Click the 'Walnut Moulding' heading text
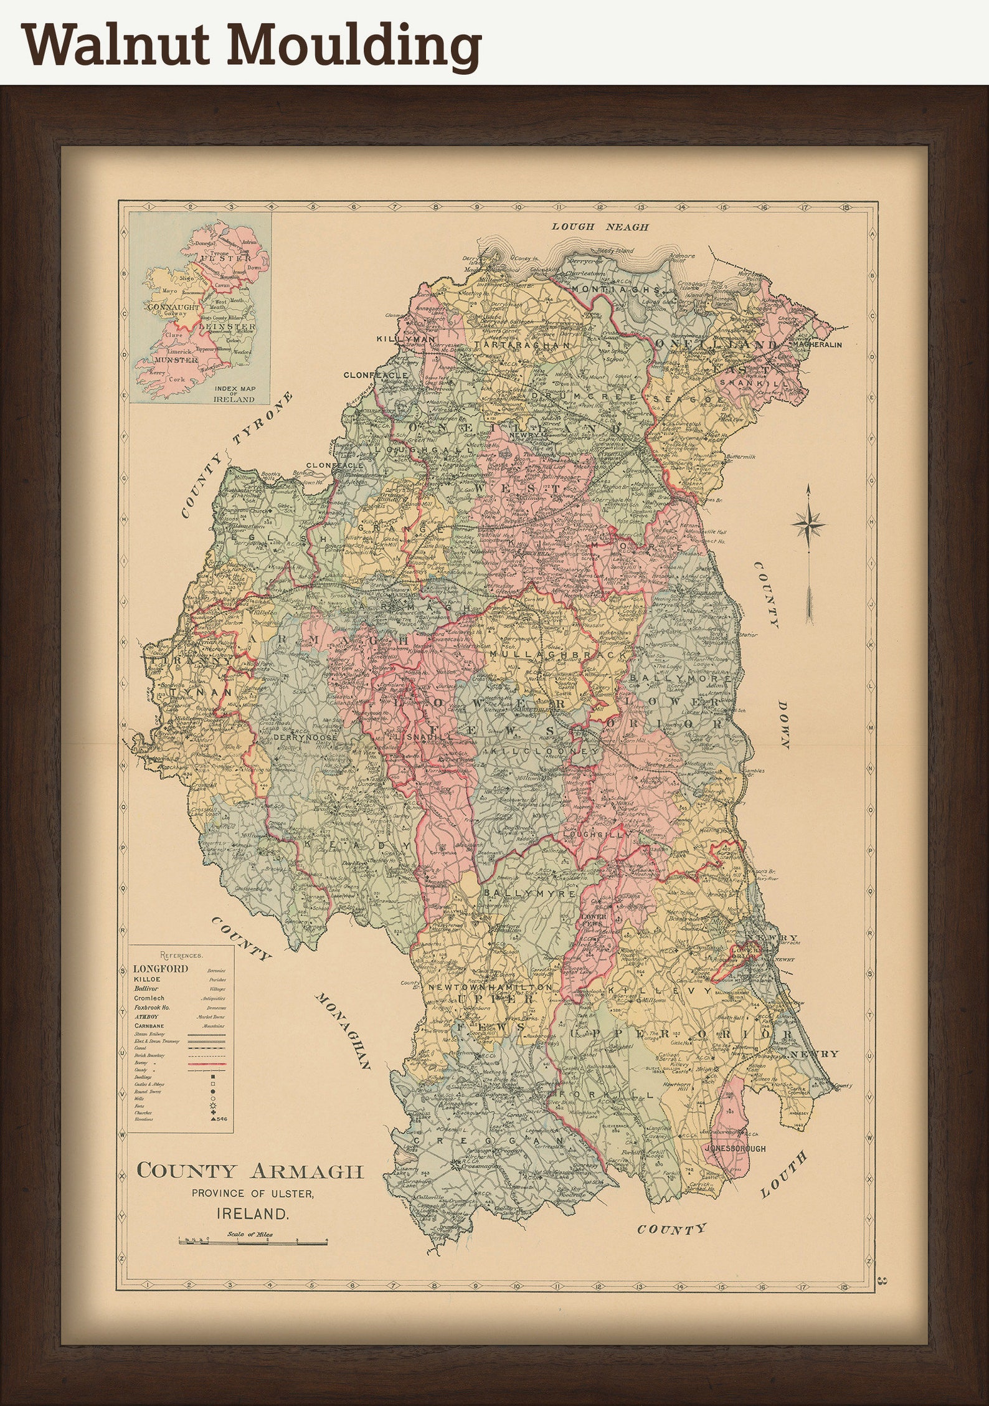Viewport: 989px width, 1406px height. pos(252,45)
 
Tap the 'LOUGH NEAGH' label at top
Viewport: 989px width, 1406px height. pos(599,227)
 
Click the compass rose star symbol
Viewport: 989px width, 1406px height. pos(808,523)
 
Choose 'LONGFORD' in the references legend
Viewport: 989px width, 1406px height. pos(160,969)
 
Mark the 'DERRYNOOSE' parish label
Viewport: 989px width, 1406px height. pos(305,736)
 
